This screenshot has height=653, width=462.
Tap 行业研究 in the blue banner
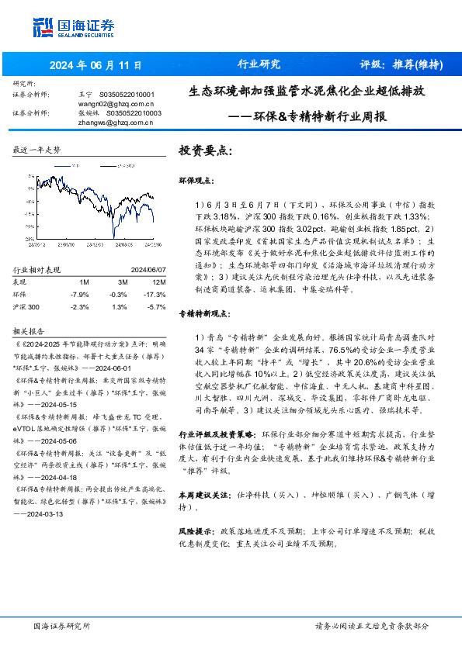point(258,64)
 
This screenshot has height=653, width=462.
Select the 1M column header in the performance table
point(83,281)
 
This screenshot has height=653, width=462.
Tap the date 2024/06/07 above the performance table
point(144,270)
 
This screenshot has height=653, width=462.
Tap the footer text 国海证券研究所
point(61,626)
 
